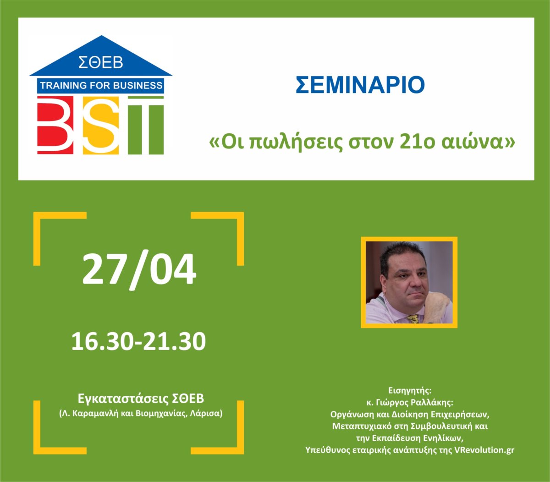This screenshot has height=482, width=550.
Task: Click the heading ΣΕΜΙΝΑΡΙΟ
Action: (x=360, y=85)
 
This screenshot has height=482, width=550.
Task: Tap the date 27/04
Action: (x=139, y=269)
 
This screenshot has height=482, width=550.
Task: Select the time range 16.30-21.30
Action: (x=138, y=341)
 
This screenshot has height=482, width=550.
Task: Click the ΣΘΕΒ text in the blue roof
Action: (x=101, y=62)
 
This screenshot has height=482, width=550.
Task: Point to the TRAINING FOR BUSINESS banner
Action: (x=101, y=86)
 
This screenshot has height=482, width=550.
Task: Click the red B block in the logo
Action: (x=55, y=125)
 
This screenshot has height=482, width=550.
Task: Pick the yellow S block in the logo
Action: (x=101, y=125)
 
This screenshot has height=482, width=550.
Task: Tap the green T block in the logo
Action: (x=146, y=125)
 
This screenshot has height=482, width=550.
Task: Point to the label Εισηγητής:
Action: (x=410, y=390)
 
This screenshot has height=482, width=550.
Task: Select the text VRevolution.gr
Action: (x=484, y=450)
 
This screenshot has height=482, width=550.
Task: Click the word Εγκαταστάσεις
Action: (x=123, y=399)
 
